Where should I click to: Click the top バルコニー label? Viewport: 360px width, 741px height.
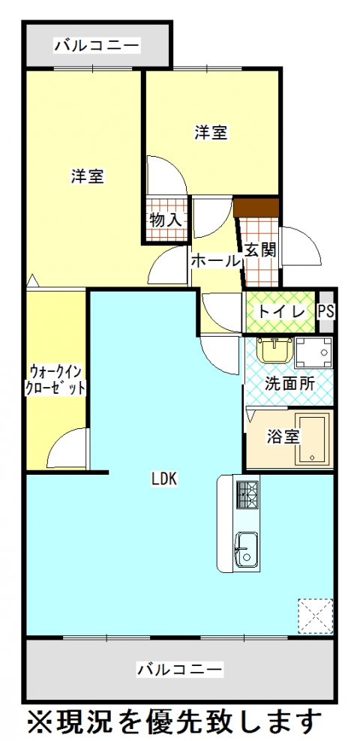coord(96,46)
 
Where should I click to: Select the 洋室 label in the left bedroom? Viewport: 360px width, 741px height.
coord(87,177)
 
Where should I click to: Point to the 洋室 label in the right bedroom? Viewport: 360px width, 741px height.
coord(211,133)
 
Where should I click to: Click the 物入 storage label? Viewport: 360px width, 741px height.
coord(165,220)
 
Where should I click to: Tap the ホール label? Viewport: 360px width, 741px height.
coord(215,260)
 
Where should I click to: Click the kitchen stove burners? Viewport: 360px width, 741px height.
coord(247,493)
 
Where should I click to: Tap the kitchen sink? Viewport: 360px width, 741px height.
coord(247,549)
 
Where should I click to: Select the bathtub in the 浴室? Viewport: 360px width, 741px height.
coord(311,438)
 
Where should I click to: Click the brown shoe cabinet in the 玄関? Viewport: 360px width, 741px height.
coord(256,206)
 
